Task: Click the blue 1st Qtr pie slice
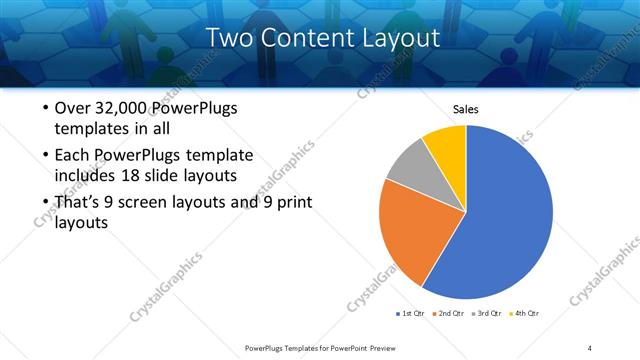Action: tap(505, 215)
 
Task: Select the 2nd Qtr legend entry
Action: tap(449, 314)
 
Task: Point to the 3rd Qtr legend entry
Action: tap(487, 314)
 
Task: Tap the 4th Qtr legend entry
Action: tap(525, 314)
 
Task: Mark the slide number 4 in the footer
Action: tap(590, 347)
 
